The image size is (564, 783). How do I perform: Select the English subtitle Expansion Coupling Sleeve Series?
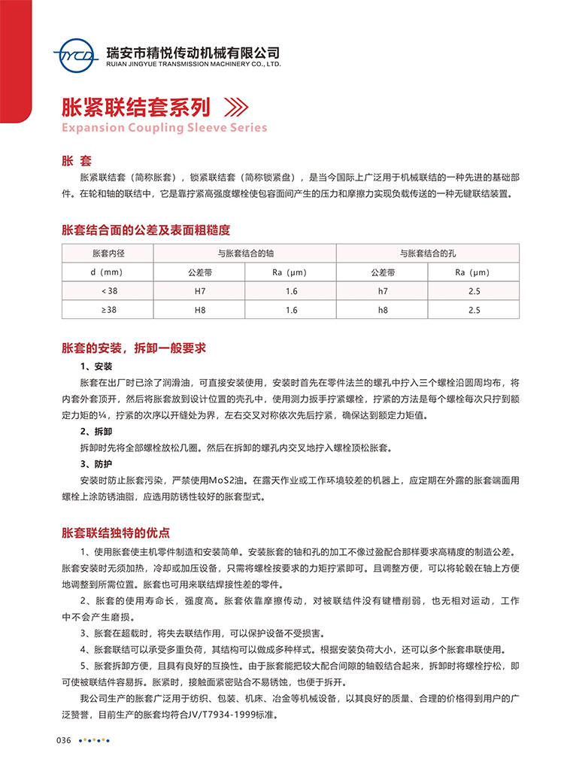[164, 128]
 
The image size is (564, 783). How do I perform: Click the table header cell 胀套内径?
[108, 253]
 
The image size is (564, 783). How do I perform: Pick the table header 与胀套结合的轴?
[246, 253]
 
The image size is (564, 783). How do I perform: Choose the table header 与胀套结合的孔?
[428, 253]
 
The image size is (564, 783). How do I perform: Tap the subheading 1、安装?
[96, 366]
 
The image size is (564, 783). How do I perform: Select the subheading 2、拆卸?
[96, 432]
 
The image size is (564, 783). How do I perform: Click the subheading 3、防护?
[96, 463]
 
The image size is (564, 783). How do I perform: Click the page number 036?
[63, 741]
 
